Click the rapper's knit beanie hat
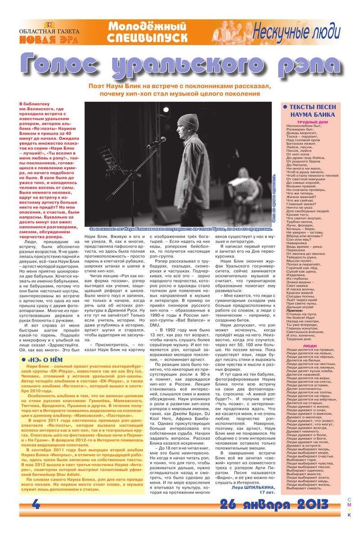pos(187,122)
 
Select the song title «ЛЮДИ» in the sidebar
pos(310,346)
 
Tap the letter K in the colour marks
pos(349,515)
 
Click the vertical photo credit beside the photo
pos(274,198)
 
